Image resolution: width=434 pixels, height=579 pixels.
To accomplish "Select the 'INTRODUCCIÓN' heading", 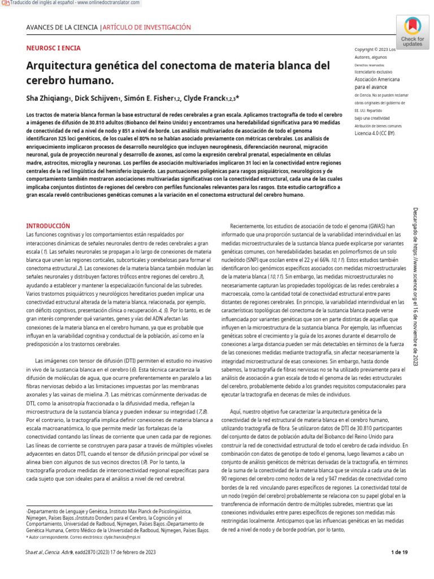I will coord(48,226).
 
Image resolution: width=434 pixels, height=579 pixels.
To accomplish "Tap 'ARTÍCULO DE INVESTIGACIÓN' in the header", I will coord(147,27).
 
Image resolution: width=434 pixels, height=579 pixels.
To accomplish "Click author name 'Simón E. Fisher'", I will coord(153,98).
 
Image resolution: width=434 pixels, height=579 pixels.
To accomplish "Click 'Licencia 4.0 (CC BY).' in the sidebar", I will coord(375,133).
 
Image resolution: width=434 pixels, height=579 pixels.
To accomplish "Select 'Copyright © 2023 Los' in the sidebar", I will coord(375,49).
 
